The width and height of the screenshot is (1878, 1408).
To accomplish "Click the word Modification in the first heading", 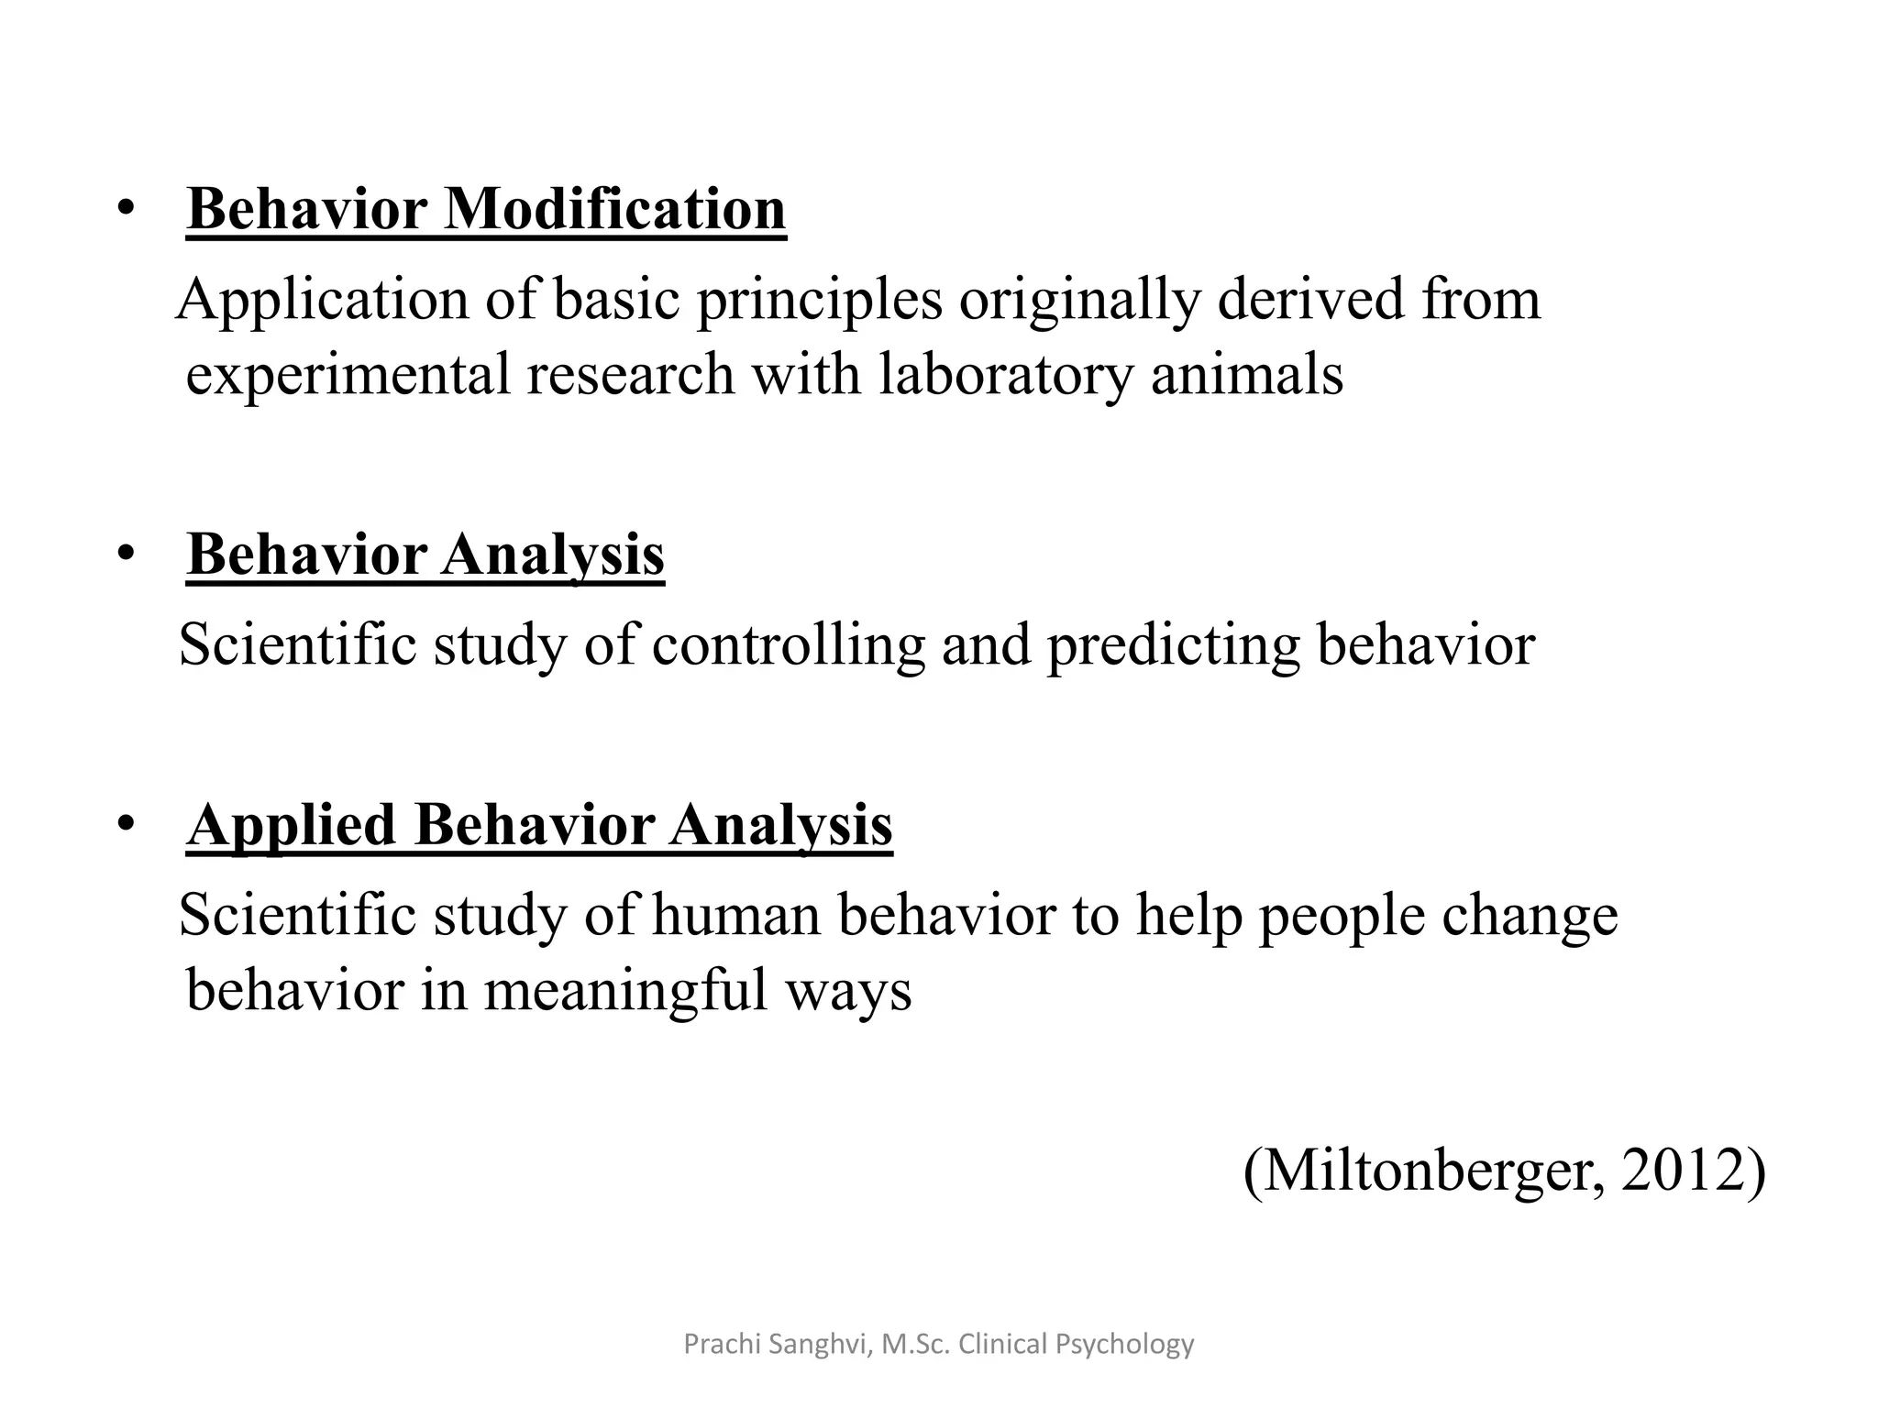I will click(x=614, y=209).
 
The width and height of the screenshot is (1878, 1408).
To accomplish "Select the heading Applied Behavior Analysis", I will click(x=539, y=825).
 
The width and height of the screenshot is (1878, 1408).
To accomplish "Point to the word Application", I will click(x=322, y=301).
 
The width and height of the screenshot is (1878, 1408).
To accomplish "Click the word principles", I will click(x=819, y=301).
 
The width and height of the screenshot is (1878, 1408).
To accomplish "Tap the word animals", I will click(x=1247, y=376).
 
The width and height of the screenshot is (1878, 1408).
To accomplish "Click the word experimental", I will click(x=348, y=376).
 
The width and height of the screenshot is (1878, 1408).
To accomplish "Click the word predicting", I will click(x=1173, y=645).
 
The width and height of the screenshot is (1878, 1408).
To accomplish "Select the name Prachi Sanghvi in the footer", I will click(x=777, y=1345).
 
